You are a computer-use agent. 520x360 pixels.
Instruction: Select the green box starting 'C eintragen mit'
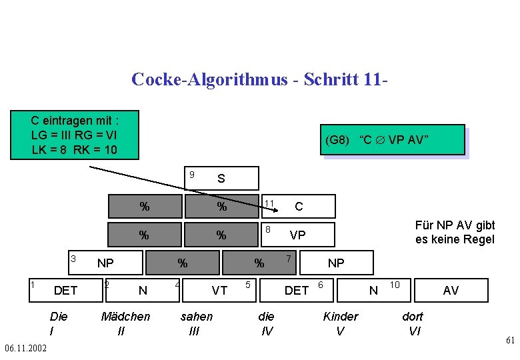75,135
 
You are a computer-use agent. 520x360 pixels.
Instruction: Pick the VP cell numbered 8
297,235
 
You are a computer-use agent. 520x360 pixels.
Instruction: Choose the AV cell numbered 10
440,290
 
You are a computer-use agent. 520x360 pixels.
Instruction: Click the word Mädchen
125,317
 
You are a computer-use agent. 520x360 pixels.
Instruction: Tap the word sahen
197,317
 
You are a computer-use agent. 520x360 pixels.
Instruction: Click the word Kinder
340,317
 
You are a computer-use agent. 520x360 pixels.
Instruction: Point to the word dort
413,317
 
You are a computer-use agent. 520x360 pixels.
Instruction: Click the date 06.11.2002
25,348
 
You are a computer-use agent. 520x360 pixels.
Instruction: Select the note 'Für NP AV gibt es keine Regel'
455,233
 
